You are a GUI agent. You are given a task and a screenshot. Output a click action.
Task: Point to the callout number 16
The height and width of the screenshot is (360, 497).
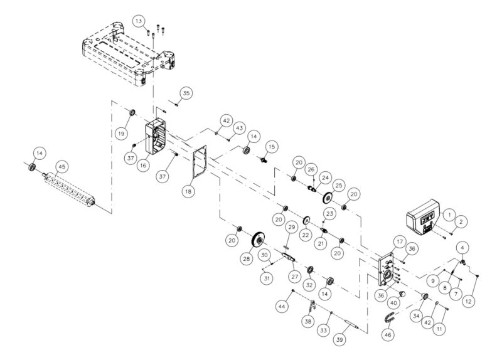[144, 166]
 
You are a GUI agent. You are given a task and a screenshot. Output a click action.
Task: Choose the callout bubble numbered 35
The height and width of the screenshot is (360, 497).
[186, 93]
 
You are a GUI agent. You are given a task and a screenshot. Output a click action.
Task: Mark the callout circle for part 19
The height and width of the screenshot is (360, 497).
[120, 134]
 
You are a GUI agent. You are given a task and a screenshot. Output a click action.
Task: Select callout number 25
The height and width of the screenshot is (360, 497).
[340, 187]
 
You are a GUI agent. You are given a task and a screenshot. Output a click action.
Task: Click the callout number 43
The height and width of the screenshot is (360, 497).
[239, 127]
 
